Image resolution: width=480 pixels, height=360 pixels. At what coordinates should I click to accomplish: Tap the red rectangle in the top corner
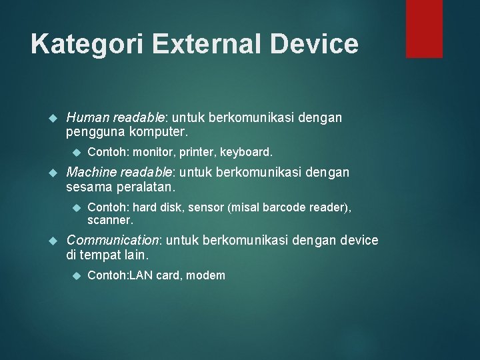tap(424, 28)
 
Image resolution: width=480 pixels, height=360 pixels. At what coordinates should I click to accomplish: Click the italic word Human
tap(87, 118)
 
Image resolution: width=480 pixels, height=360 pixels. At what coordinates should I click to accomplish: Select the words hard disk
tap(156, 207)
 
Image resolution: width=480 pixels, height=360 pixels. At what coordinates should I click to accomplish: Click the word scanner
tap(110, 219)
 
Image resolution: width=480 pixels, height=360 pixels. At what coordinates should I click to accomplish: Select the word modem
tap(206, 275)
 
